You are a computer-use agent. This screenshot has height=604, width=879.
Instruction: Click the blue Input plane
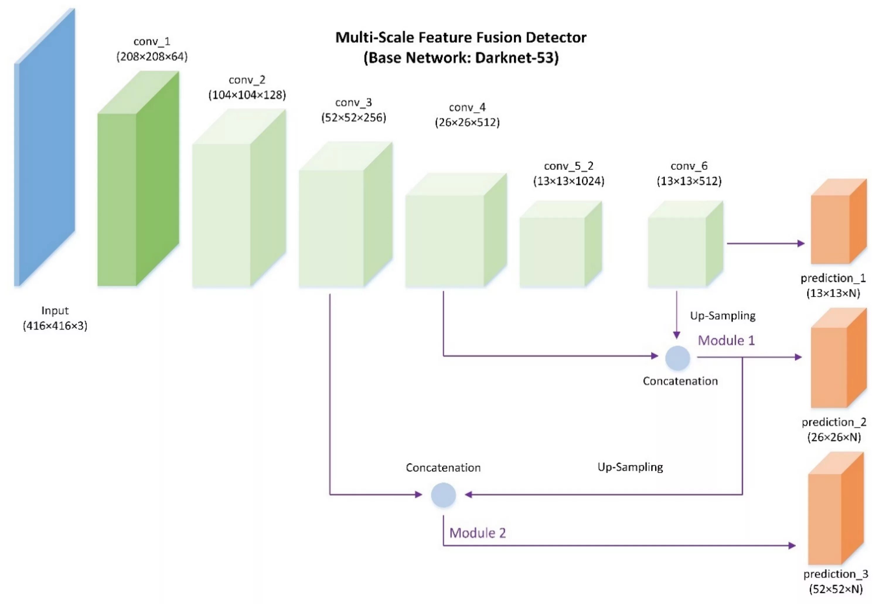pos(45,148)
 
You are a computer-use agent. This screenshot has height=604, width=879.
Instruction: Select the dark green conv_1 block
pos(138,178)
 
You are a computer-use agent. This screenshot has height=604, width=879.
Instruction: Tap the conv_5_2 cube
pos(561,244)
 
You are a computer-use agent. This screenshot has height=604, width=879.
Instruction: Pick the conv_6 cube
pos(685,244)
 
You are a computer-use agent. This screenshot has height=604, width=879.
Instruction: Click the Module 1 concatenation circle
pos(677,358)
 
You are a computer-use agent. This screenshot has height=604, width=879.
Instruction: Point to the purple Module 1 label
pos(726,340)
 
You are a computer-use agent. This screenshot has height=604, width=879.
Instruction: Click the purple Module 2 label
pos(478,533)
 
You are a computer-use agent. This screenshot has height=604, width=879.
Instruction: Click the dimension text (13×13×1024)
pos(569,181)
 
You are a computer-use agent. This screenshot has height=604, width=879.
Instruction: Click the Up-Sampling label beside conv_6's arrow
pos(723,316)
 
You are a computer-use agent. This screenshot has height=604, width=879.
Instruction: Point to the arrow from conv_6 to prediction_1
pos(766,243)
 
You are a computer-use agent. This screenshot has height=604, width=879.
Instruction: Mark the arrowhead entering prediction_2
pos(798,357)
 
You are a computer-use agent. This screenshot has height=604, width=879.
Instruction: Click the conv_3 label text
pos(353,103)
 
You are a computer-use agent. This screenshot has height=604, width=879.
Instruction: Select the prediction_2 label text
pos(834,422)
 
